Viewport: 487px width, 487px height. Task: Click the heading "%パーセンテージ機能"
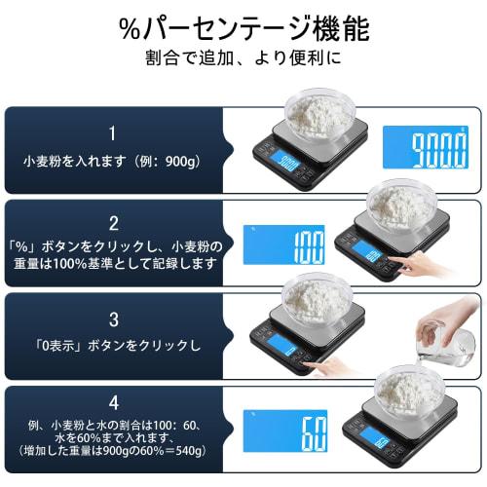pos(243,27)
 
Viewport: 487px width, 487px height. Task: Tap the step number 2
pos(113,222)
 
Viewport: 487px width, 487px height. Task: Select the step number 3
pos(113,318)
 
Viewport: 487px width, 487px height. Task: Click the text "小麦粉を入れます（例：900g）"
pos(113,160)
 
